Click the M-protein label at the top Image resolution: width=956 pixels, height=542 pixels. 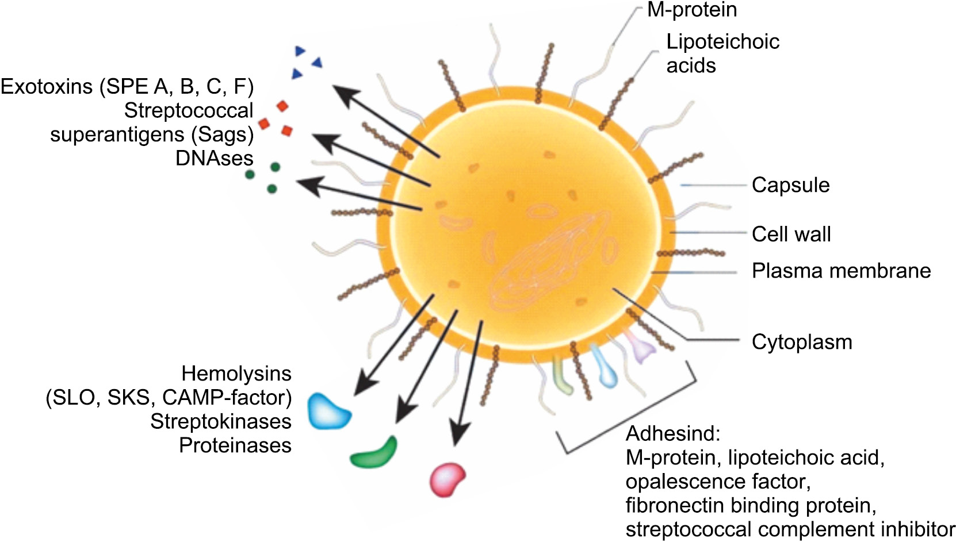point(691,10)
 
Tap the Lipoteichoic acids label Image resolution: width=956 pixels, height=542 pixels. point(722,53)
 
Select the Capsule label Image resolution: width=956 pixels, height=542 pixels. point(790,185)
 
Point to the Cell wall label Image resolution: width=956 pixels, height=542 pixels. point(791,234)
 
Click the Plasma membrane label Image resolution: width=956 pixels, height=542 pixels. point(841,271)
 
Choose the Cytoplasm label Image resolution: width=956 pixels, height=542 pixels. point(801,342)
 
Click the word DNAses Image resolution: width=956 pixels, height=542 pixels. point(214,158)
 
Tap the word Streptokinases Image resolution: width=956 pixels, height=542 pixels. point(221,421)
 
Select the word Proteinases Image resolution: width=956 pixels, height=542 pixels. point(235,445)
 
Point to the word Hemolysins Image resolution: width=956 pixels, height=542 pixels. point(236,374)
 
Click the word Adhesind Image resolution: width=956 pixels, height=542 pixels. point(672,433)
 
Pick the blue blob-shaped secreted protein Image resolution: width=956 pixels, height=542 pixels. point(328,410)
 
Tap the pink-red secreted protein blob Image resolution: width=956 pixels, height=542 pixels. point(448,478)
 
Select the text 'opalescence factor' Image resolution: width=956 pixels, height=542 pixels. point(718,481)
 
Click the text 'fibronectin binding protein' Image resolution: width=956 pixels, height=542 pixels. point(751,505)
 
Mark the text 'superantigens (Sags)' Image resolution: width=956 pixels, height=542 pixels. point(152,134)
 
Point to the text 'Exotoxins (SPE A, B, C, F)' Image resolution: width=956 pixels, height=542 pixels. point(127,87)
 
